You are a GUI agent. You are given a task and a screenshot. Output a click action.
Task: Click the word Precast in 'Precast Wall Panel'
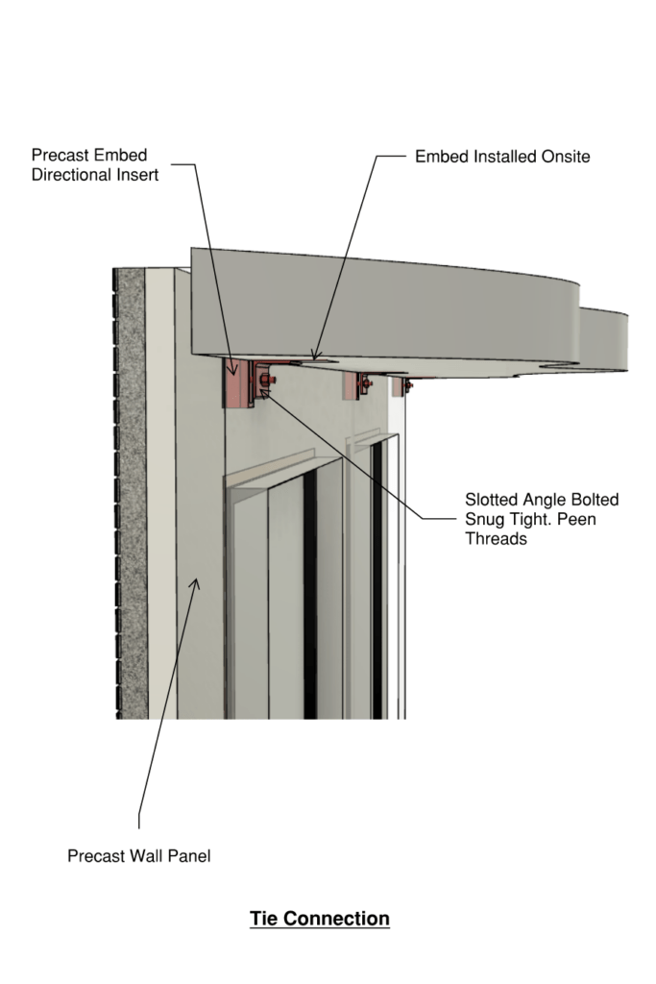[94, 856]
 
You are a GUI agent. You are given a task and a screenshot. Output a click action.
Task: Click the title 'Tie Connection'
[320, 918]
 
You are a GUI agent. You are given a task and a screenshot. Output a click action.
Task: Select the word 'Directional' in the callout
[70, 175]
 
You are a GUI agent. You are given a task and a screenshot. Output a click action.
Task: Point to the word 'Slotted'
[491, 500]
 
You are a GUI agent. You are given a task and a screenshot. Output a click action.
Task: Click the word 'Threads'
[496, 538]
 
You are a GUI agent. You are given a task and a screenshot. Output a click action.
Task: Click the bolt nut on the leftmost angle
[265, 380]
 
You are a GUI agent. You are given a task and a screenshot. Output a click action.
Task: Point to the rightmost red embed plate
[398, 386]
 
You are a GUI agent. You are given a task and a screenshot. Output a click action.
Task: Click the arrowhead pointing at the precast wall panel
[196, 584]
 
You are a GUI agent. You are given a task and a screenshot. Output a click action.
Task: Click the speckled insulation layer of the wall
[131, 493]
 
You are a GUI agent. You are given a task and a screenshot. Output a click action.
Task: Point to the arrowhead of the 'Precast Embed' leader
[232, 369]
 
